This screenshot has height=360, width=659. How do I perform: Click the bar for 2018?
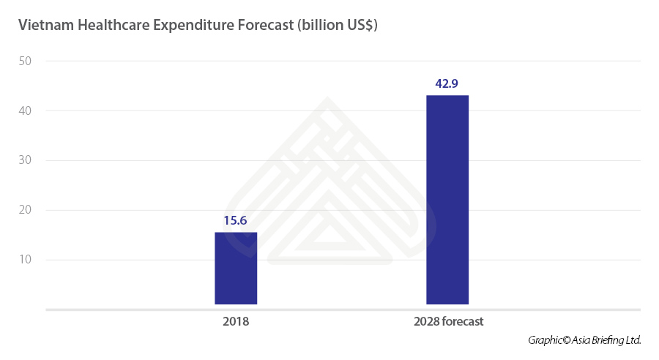pos(236,268)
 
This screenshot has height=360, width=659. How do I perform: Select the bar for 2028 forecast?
pos(447,199)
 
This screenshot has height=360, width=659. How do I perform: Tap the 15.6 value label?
pos(236,220)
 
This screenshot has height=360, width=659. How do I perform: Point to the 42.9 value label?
pos(447,83)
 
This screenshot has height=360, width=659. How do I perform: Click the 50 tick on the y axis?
pos(25,61)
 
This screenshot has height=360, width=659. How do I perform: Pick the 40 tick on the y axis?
pos(25,110)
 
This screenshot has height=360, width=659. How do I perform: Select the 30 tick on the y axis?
pos(25,160)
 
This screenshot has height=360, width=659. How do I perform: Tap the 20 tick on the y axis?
pos(25,210)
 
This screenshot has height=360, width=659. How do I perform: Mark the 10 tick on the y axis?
pos(25,260)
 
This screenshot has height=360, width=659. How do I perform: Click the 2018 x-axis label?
pos(236,321)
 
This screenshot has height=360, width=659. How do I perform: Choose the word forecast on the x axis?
pos(463,321)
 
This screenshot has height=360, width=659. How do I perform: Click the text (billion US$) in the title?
pos(338,26)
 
